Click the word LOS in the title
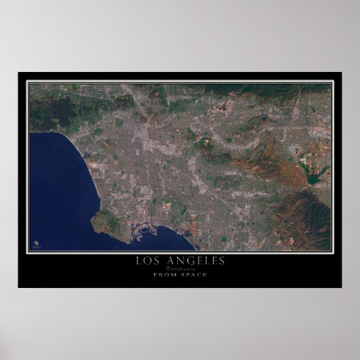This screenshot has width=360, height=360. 149,261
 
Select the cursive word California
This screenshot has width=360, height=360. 179,268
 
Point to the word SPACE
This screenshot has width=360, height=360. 194,274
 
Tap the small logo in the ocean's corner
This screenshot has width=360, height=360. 36,242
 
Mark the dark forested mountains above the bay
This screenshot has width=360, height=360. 54,112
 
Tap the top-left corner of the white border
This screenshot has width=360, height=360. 28,82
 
